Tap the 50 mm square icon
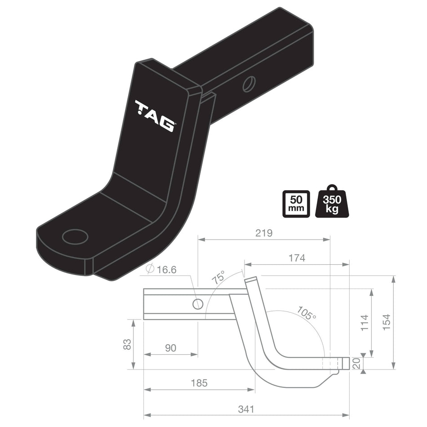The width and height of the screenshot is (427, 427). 296,203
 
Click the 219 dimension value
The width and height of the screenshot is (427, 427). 264,233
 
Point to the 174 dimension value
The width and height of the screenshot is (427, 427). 297,258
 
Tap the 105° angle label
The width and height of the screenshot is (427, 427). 307,313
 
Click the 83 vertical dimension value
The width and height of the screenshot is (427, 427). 127,344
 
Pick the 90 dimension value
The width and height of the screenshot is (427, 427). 170,347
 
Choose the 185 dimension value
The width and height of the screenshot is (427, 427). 199,383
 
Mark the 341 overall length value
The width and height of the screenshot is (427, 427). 246,409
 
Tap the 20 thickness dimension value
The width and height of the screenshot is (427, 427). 356,364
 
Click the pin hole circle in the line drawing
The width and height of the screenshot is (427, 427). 197,304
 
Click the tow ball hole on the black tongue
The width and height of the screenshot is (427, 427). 75,236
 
